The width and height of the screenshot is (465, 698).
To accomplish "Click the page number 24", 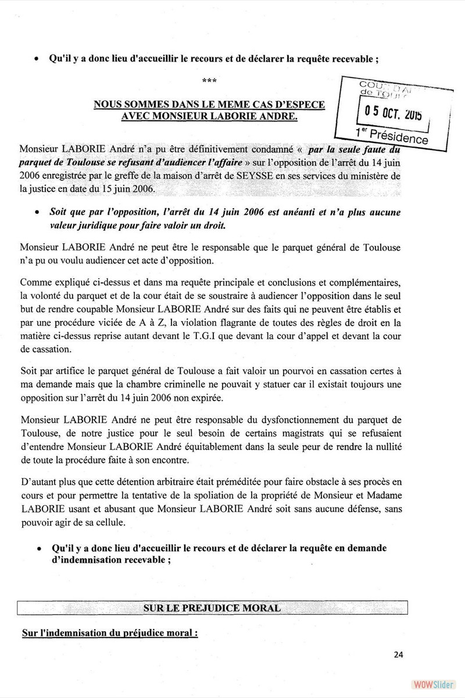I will tap(398, 654).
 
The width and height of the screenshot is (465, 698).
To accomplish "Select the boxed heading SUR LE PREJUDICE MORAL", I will tap(212, 608).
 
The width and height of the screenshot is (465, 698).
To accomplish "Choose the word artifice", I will tap(65, 371).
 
